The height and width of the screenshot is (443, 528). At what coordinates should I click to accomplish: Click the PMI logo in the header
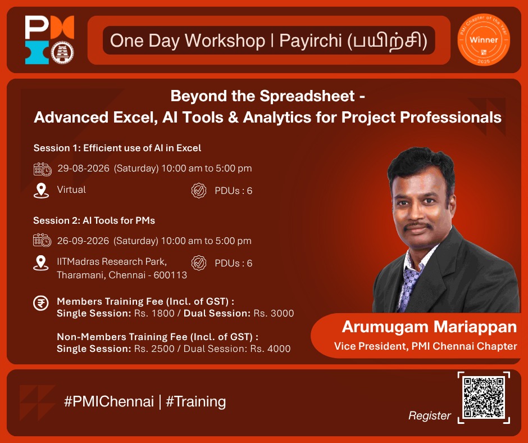point(49,40)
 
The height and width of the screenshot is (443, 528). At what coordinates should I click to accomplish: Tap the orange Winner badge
point(484,40)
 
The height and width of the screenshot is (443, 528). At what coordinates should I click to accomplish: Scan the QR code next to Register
point(484,397)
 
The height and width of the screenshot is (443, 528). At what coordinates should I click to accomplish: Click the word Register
point(429,415)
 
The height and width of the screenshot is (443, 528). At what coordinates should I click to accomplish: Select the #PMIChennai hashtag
point(109,401)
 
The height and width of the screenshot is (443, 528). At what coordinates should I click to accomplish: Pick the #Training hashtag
point(195,402)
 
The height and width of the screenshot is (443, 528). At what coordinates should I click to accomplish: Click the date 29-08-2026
point(84,168)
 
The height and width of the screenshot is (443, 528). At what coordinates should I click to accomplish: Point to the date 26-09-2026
point(83,241)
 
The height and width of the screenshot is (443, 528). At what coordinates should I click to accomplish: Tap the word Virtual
point(71,189)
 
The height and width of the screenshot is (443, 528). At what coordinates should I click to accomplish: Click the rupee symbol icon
point(41,303)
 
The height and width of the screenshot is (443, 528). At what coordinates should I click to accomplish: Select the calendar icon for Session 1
point(43,169)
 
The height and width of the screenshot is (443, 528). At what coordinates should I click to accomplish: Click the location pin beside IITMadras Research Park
point(41,263)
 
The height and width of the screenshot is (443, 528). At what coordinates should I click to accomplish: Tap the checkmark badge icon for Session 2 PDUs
point(199,263)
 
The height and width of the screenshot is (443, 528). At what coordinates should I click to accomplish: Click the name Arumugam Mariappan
point(429,327)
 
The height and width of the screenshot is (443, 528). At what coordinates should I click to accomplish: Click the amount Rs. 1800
point(154,313)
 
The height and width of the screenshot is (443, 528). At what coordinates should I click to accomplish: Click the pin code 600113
point(170,275)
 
